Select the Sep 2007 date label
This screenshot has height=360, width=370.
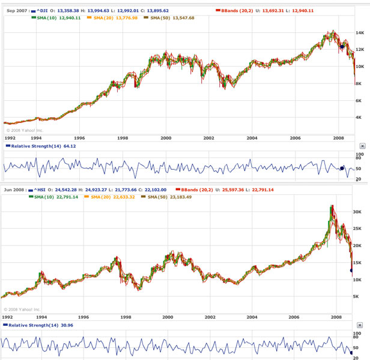(16, 11)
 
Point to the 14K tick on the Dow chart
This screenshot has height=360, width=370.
(359, 33)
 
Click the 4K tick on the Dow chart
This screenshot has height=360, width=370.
(359, 118)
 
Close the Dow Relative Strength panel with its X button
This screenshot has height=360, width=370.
(362, 146)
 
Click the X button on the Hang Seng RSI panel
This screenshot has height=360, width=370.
(362, 325)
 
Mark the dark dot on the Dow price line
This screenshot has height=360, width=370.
(341, 46)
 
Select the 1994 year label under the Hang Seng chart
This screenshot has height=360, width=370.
(41, 317)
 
